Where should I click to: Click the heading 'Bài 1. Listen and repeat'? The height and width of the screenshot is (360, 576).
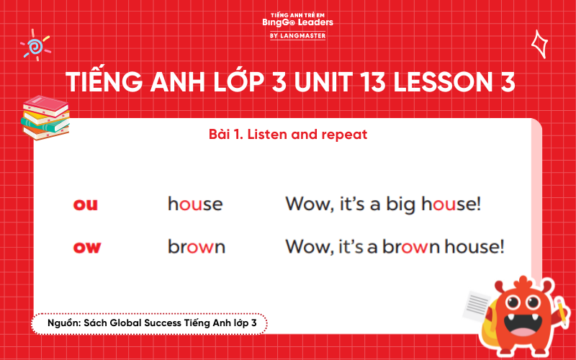click(287, 135)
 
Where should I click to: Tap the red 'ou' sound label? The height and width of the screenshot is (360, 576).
click(86, 204)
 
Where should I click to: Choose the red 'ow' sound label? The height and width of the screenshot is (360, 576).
click(87, 248)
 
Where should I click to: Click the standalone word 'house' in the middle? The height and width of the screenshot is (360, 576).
click(195, 204)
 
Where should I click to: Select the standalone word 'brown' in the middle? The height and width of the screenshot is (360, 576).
click(197, 248)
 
